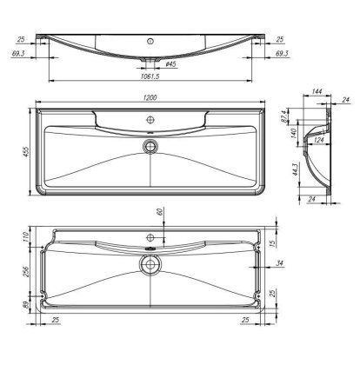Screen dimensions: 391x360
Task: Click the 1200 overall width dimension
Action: pos(150,97)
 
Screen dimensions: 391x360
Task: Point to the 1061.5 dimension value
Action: pos(150,76)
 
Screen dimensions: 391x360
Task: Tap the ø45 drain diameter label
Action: pos(171,64)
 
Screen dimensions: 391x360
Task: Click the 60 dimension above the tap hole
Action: pos(159,211)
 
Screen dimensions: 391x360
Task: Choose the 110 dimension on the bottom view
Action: pos(27,237)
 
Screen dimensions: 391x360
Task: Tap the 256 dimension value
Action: pos(27,271)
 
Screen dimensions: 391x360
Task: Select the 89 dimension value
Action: pos(27,306)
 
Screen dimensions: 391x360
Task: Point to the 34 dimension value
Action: pos(279,263)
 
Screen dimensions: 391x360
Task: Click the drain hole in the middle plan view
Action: pos(150,144)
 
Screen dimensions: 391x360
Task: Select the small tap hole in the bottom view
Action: pos(150,237)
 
